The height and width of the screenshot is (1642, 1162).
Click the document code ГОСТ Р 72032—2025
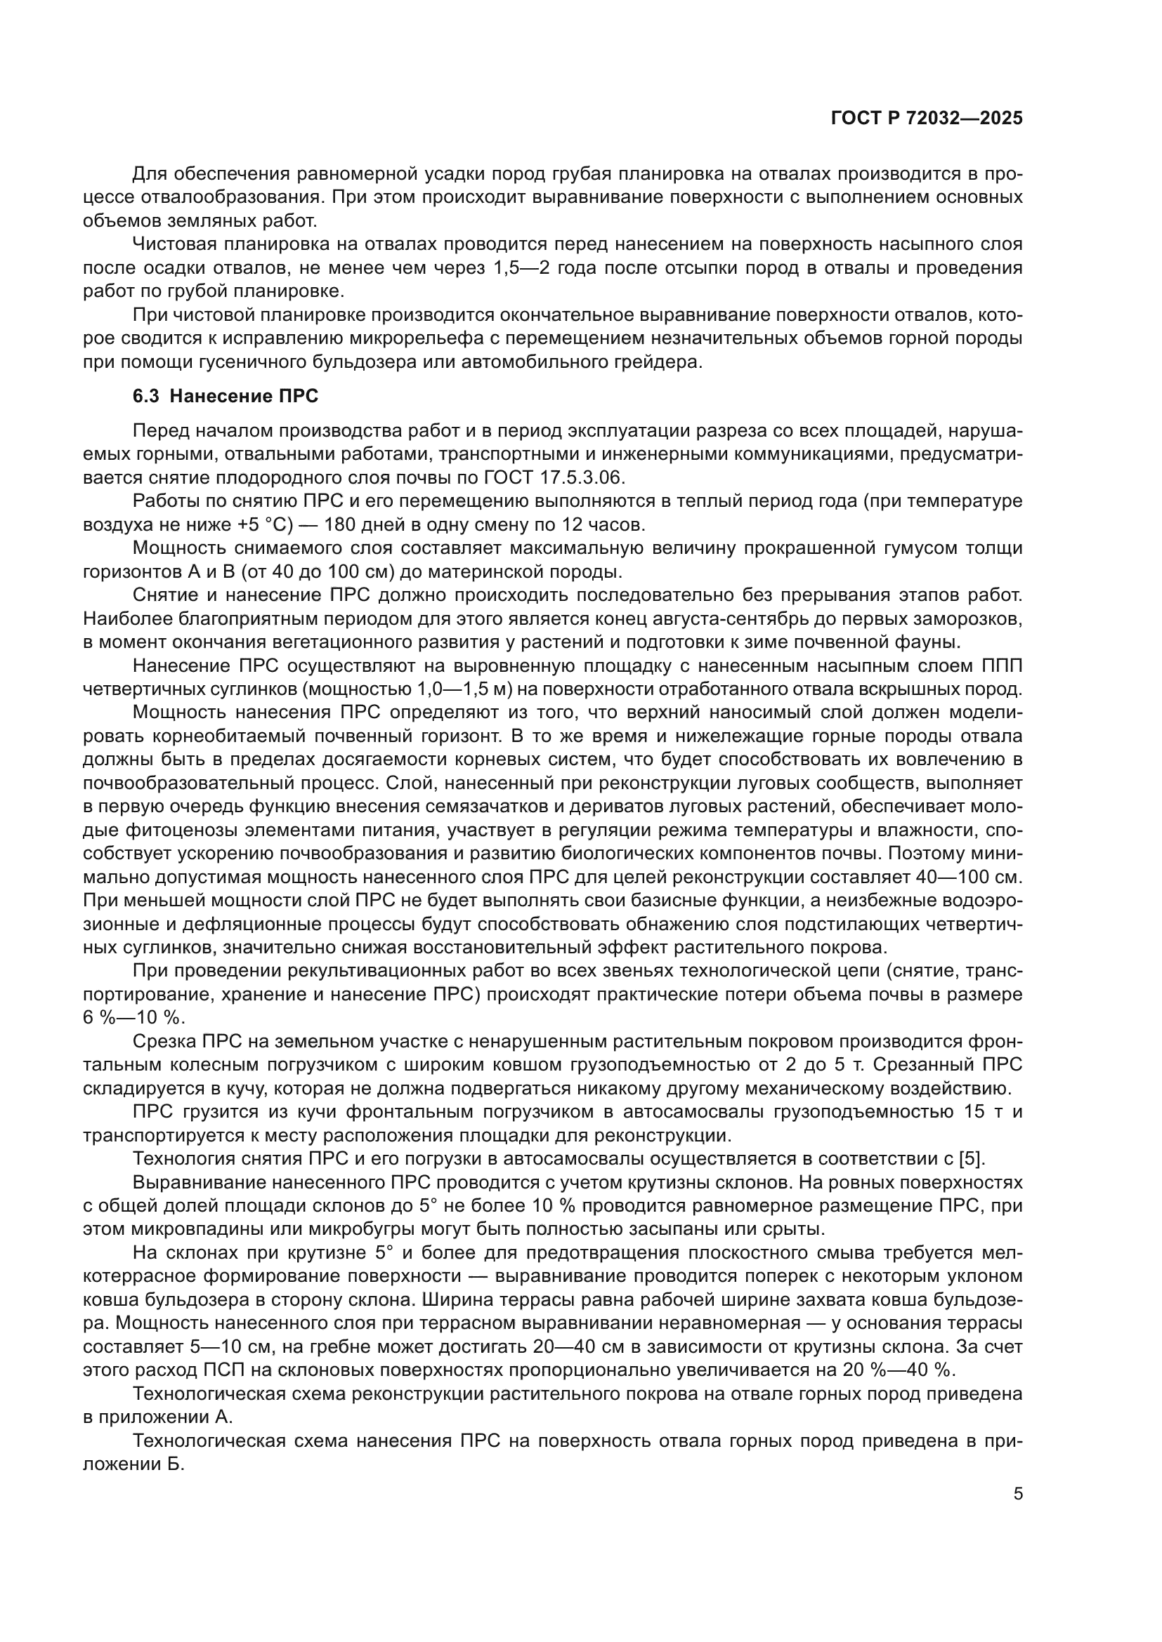tap(927, 119)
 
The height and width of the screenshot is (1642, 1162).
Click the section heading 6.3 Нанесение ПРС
tap(226, 396)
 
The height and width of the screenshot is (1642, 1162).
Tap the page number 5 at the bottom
tap(1017, 1494)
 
